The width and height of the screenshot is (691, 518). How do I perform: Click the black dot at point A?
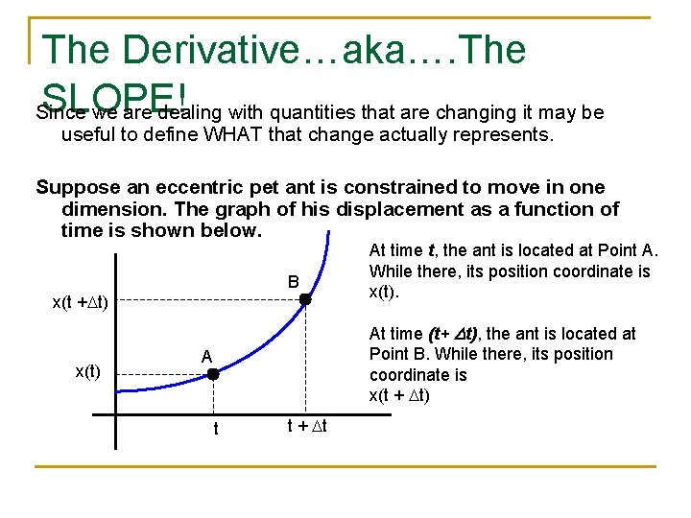pos(213,375)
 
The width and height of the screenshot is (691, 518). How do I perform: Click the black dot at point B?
pos(304,299)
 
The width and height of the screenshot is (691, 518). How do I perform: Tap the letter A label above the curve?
pos(206,356)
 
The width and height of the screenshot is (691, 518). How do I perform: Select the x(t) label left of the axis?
pos(94,370)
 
